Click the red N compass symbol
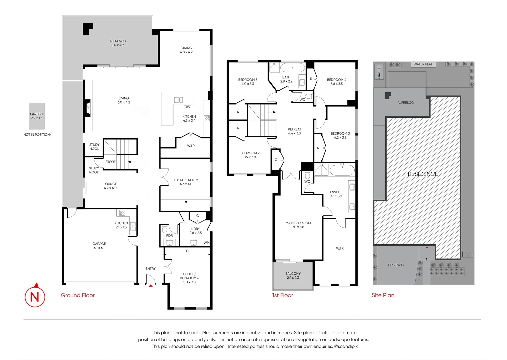coord(35,296)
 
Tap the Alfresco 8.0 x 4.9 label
coord(118,43)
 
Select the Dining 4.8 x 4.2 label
coord(186,50)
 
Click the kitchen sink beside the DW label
coord(178,100)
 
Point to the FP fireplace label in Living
coord(88,108)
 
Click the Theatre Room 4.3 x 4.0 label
coord(186,182)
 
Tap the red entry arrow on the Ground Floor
coord(151,286)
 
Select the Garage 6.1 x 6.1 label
coord(99,246)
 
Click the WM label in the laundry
coord(206,243)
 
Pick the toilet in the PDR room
coord(164,230)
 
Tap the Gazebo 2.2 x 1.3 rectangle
coord(37,116)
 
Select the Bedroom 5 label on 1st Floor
coord(248,82)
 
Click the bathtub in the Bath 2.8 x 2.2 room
coord(292,68)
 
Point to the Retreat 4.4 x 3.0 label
coord(294,131)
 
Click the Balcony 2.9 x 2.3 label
coord(293,275)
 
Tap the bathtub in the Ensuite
coord(342,170)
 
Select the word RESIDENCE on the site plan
coord(423,174)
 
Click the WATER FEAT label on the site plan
coord(423,64)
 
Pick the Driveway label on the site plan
coord(396,265)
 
